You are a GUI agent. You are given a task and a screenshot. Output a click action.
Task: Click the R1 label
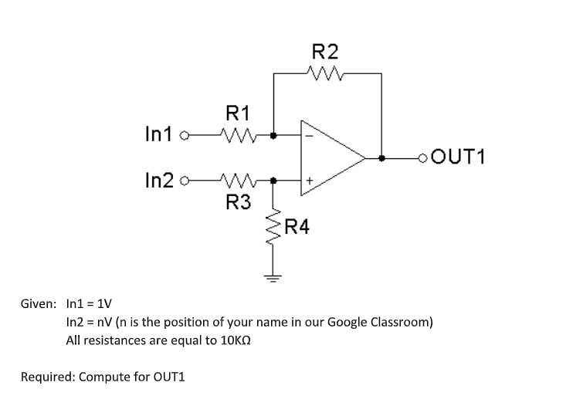point(236,113)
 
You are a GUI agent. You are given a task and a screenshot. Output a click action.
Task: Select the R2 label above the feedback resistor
point(324,52)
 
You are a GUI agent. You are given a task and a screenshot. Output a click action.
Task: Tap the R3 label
point(238,202)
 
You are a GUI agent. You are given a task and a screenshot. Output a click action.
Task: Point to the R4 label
point(297,227)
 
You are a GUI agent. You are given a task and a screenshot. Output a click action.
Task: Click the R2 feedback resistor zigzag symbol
point(324,73)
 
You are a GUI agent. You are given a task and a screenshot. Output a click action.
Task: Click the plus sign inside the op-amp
point(308,181)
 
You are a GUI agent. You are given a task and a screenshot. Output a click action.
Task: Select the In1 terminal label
point(158,134)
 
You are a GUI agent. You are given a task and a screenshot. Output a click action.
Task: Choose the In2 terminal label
point(158,182)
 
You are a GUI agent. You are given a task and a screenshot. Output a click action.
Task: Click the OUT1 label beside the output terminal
point(459,158)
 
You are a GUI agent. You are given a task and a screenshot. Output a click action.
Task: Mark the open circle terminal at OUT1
point(422,158)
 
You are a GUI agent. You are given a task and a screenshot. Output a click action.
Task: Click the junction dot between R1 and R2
point(274,134)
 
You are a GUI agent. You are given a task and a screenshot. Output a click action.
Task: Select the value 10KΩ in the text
point(236,340)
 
